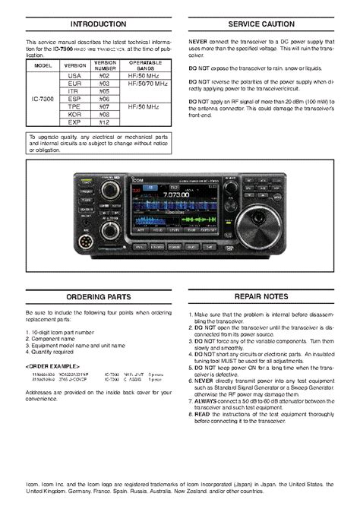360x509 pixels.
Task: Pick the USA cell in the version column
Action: [74, 76]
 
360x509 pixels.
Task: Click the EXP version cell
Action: [74, 122]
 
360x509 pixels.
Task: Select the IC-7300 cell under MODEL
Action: [42, 99]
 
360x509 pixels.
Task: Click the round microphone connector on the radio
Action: [85, 245]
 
